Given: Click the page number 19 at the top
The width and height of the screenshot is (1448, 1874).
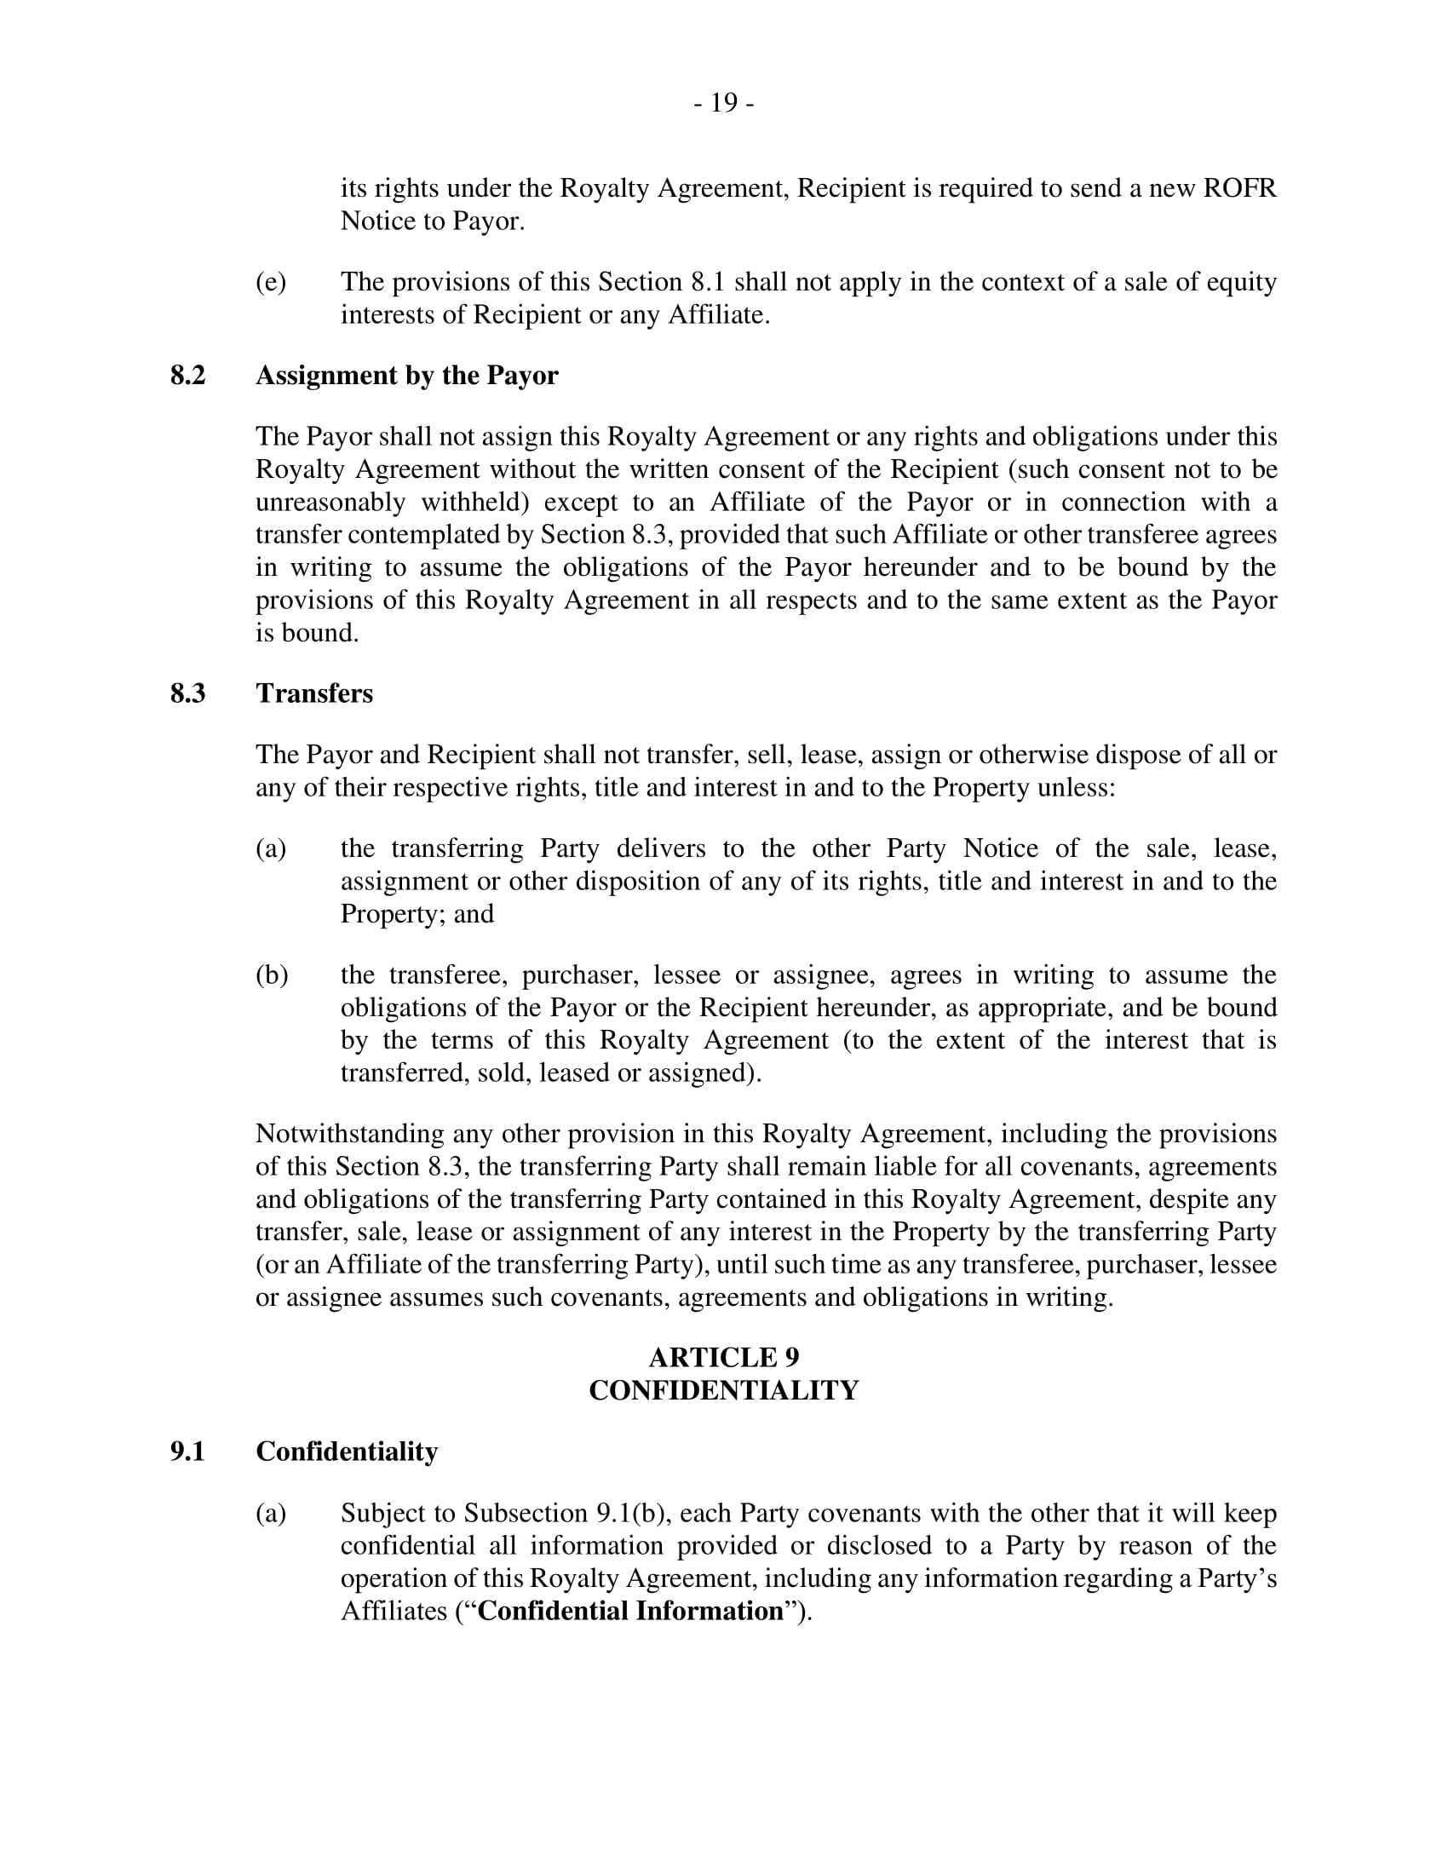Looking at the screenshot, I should click(724, 103).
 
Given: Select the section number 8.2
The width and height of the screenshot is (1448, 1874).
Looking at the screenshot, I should click(188, 376).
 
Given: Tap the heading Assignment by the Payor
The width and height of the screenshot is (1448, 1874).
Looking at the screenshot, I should click(406, 376).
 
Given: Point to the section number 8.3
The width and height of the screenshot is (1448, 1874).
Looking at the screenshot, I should click(188, 693).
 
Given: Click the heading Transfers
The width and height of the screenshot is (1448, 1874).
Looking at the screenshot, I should click(314, 693).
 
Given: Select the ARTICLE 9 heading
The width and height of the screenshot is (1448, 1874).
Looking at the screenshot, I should click(724, 1358).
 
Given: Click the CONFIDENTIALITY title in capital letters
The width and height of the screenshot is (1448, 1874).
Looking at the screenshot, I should click(724, 1390).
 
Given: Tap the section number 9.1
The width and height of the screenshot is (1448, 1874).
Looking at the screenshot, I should click(188, 1451).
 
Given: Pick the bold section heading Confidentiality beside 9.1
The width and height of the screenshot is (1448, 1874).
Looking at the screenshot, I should click(347, 1451).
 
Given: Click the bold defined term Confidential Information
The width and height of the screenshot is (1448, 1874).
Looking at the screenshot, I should click(630, 1611).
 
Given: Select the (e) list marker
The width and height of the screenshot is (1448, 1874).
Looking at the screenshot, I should click(271, 282).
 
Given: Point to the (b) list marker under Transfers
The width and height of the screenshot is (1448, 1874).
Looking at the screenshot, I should click(271, 974).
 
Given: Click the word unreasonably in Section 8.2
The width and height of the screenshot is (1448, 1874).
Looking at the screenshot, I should click(330, 502).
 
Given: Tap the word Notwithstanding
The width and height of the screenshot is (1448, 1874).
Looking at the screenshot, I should click(349, 1134).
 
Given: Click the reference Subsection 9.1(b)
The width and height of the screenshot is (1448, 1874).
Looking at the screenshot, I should click(566, 1513).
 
